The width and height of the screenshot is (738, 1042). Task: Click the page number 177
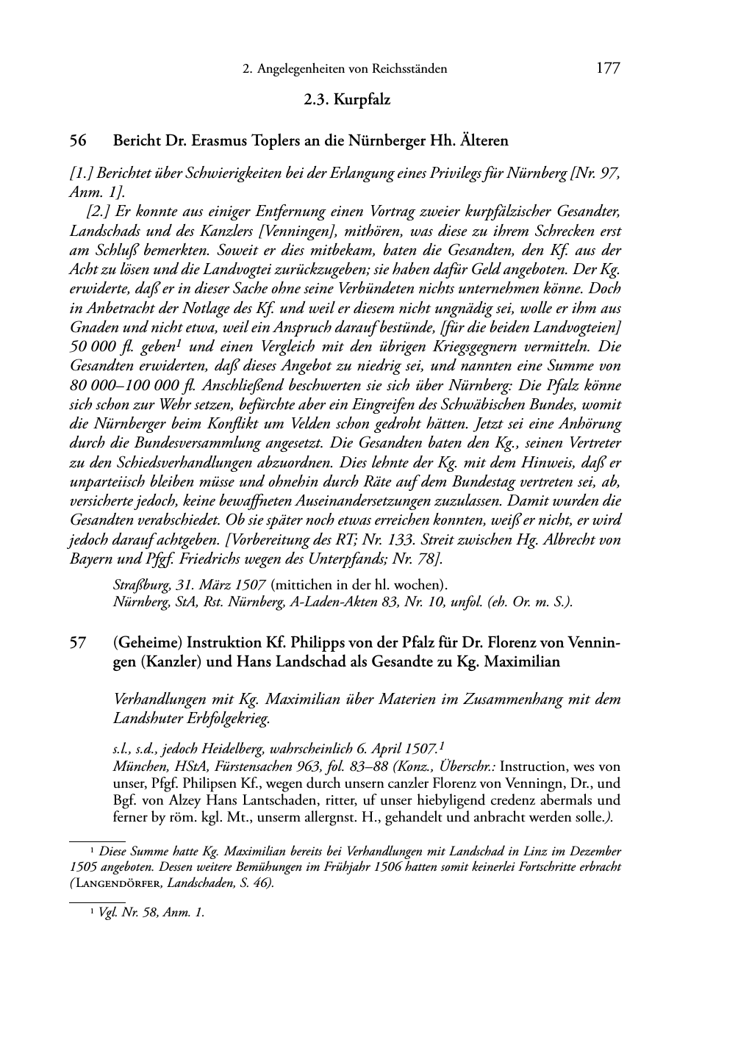(608, 69)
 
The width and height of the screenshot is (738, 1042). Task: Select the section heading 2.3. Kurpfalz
(347, 100)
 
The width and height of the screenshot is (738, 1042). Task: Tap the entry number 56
(78, 140)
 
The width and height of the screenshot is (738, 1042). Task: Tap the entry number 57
(78, 642)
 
